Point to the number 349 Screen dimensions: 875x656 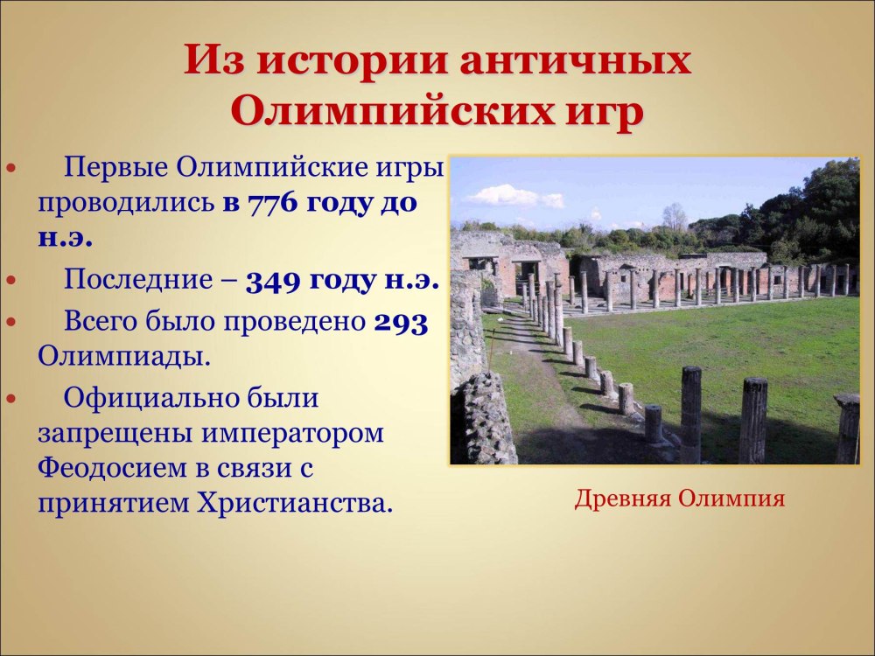click(x=272, y=281)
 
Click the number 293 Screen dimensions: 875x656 click(x=401, y=323)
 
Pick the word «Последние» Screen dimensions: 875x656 click(x=137, y=280)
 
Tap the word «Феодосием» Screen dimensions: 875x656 click(x=112, y=468)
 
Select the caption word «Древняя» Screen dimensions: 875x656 click(x=622, y=499)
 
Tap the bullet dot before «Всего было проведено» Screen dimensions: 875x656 click(x=11, y=323)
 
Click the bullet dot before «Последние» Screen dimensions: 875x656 click(x=11, y=281)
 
